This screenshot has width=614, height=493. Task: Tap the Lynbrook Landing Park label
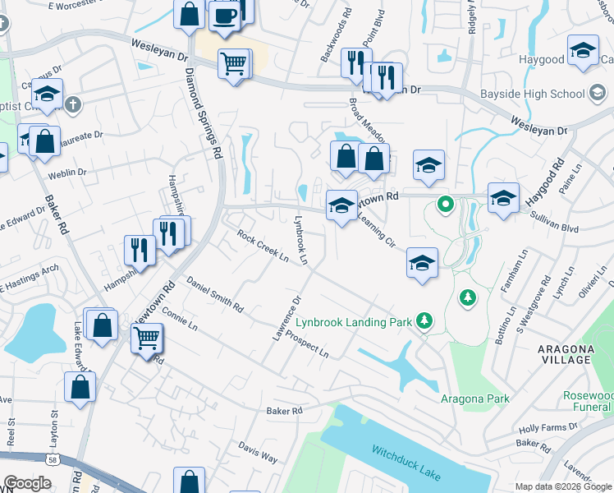tap(353, 322)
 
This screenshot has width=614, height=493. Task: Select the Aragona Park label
tap(474, 399)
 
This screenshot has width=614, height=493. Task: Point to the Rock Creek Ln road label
tap(263, 246)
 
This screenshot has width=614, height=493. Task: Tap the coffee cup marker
tap(224, 15)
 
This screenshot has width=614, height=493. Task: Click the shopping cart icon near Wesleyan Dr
tap(234, 62)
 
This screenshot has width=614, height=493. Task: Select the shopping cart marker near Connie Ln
tap(147, 336)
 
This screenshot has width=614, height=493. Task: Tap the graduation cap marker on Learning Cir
tap(422, 263)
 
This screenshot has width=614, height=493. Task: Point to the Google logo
tap(28, 484)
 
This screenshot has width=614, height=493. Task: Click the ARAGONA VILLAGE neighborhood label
tap(566, 354)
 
